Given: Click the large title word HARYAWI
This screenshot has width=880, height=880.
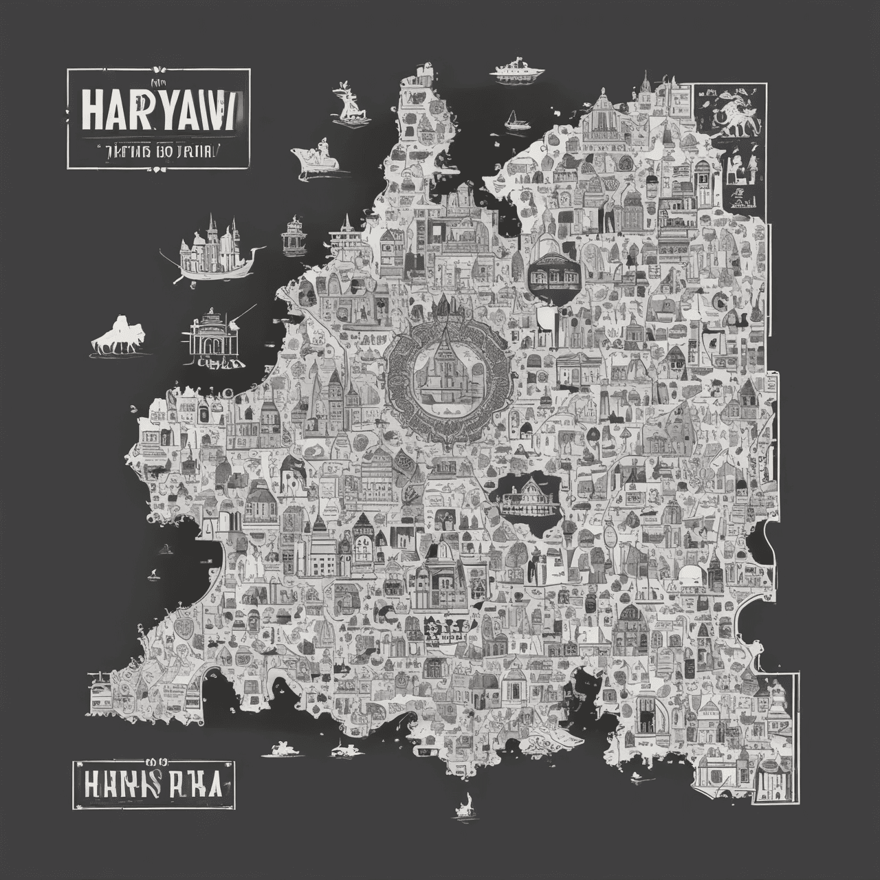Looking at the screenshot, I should point(159,113).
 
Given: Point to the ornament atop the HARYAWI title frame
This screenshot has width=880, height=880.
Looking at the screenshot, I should point(159,68).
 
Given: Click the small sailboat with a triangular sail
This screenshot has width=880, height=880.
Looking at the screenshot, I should point(513,122).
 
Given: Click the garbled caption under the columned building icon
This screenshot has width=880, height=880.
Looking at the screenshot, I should point(219,362).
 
